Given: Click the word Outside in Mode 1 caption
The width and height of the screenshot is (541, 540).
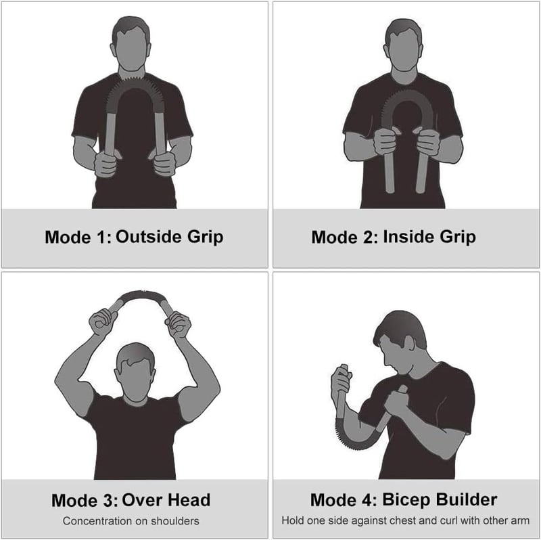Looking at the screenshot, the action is (x=148, y=237).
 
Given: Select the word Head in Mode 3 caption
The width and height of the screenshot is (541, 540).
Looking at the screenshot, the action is (x=188, y=500).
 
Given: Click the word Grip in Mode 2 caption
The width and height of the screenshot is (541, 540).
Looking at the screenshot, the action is (x=457, y=238).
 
